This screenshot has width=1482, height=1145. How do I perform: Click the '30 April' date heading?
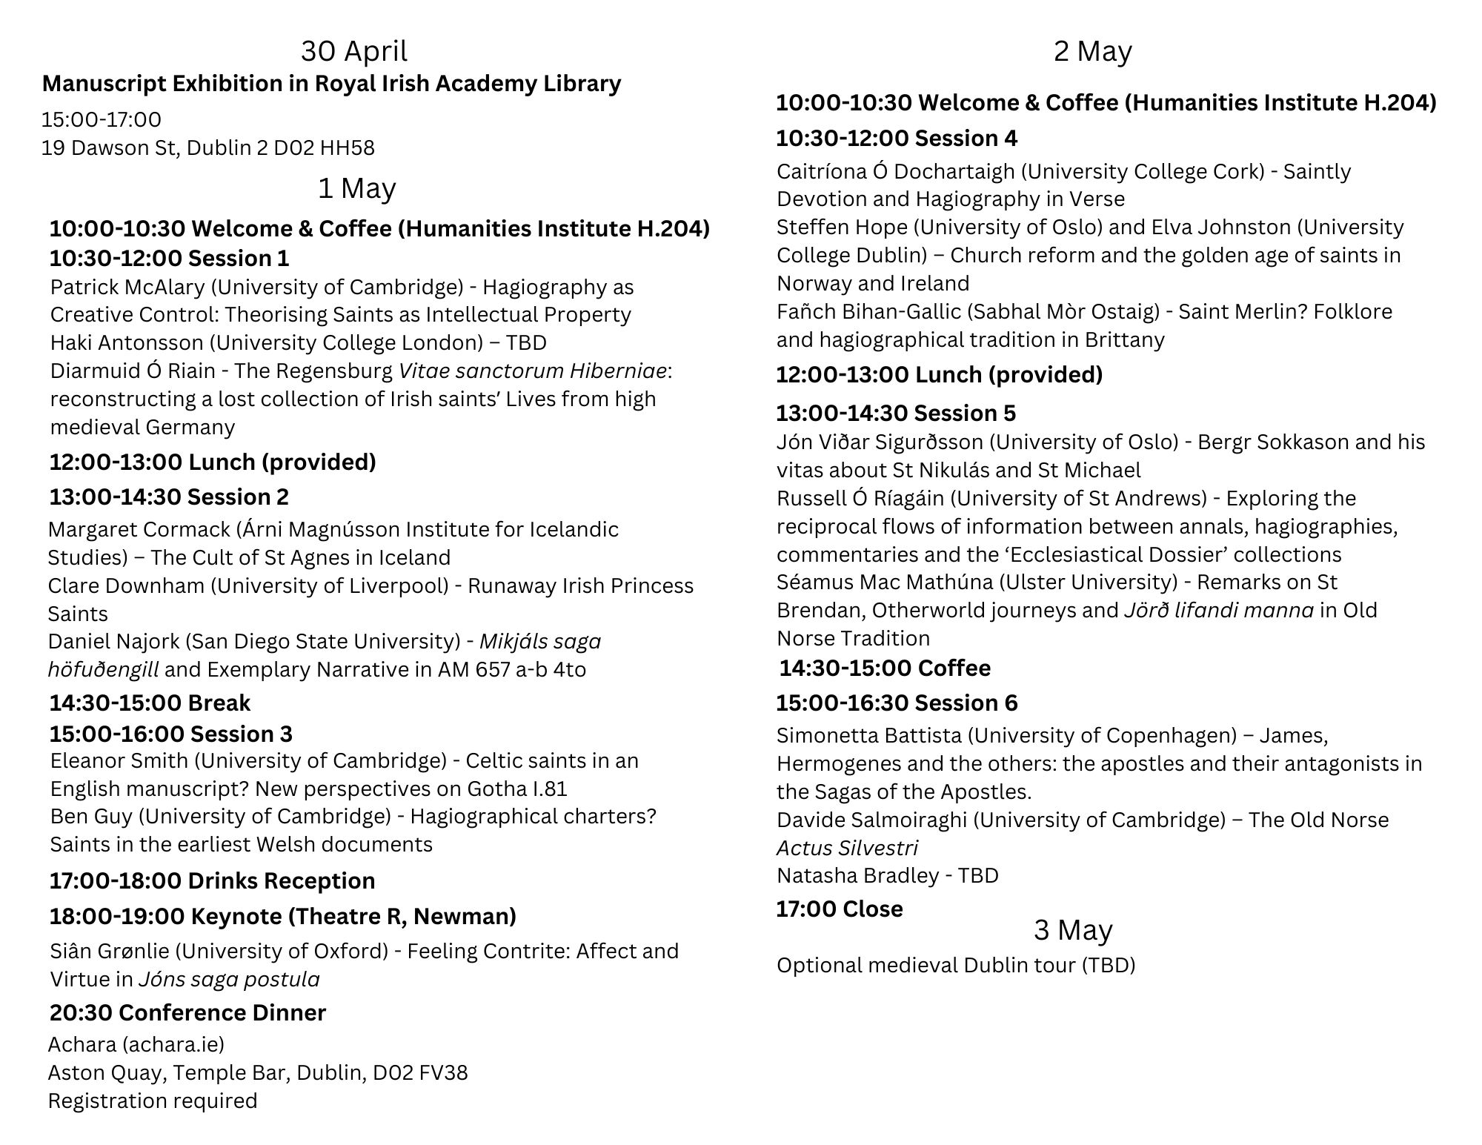pyautogui.click(x=353, y=51)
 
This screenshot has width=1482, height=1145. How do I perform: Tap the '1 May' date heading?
pyautogui.click(x=356, y=188)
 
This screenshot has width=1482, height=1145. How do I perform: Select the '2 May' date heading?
pyautogui.click(x=1092, y=51)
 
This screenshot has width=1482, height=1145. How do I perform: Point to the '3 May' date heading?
pyautogui.click(x=1072, y=930)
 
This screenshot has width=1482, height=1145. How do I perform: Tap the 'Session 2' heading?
pyautogui.click(x=239, y=497)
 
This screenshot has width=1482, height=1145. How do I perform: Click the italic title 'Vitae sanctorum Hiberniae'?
pyautogui.click(x=532, y=371)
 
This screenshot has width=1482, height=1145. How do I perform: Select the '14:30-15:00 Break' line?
pyautogui.click(x=150, y=703)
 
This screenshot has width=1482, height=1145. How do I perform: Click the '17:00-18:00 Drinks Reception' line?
pyautogui.click(x=212, y=880)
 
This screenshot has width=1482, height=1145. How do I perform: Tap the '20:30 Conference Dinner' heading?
pyautogui.click(x=187, y=1012)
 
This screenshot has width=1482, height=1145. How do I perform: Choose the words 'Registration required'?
pyautogui.click(x=153, y=1101)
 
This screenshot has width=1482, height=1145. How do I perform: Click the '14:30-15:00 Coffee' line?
pyautogui.click(x=884, y=668)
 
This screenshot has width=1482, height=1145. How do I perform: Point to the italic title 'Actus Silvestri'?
pyautogui.click(x=847, y=848)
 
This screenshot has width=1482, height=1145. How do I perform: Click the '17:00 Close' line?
pyautogui.click(x=839, y=909)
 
